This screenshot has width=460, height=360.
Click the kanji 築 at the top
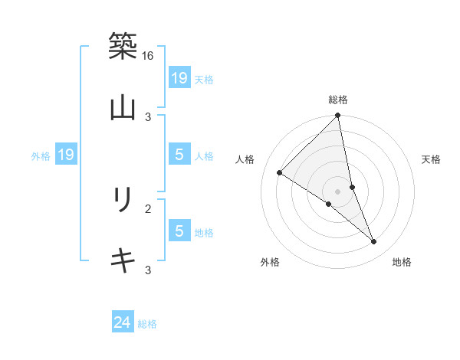(x=123, y=46)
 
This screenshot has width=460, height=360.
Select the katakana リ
(x=123, y=200)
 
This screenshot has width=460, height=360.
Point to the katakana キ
(x=123, y=260)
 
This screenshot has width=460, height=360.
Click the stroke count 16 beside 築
(x=148, y=56)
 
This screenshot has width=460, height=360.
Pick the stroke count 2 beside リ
(x=148, y=208)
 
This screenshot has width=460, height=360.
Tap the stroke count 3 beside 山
(x=148, y=116)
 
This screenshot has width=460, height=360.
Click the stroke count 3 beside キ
(x=148, y=270)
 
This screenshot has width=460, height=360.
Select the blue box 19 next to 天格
(x=179, y=78)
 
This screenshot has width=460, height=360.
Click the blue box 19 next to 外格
(x=65, y=155)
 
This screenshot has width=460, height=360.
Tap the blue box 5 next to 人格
(x=179, y=155)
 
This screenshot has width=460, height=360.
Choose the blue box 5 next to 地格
(x=179, y=231)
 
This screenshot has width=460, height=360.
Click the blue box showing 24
(x=123, y=322)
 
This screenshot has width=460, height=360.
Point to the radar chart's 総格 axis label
(x=338, y=100)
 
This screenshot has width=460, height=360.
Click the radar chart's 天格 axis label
(x=431, y=159)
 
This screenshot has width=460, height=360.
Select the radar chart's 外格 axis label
(x=270, y=262)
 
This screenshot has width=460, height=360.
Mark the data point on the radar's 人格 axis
(x=280, y=173)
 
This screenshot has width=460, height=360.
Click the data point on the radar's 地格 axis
(x=374, y=242)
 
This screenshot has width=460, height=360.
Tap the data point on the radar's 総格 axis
(x=338, y=116)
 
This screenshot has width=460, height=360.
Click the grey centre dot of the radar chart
(x=338, y=191)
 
